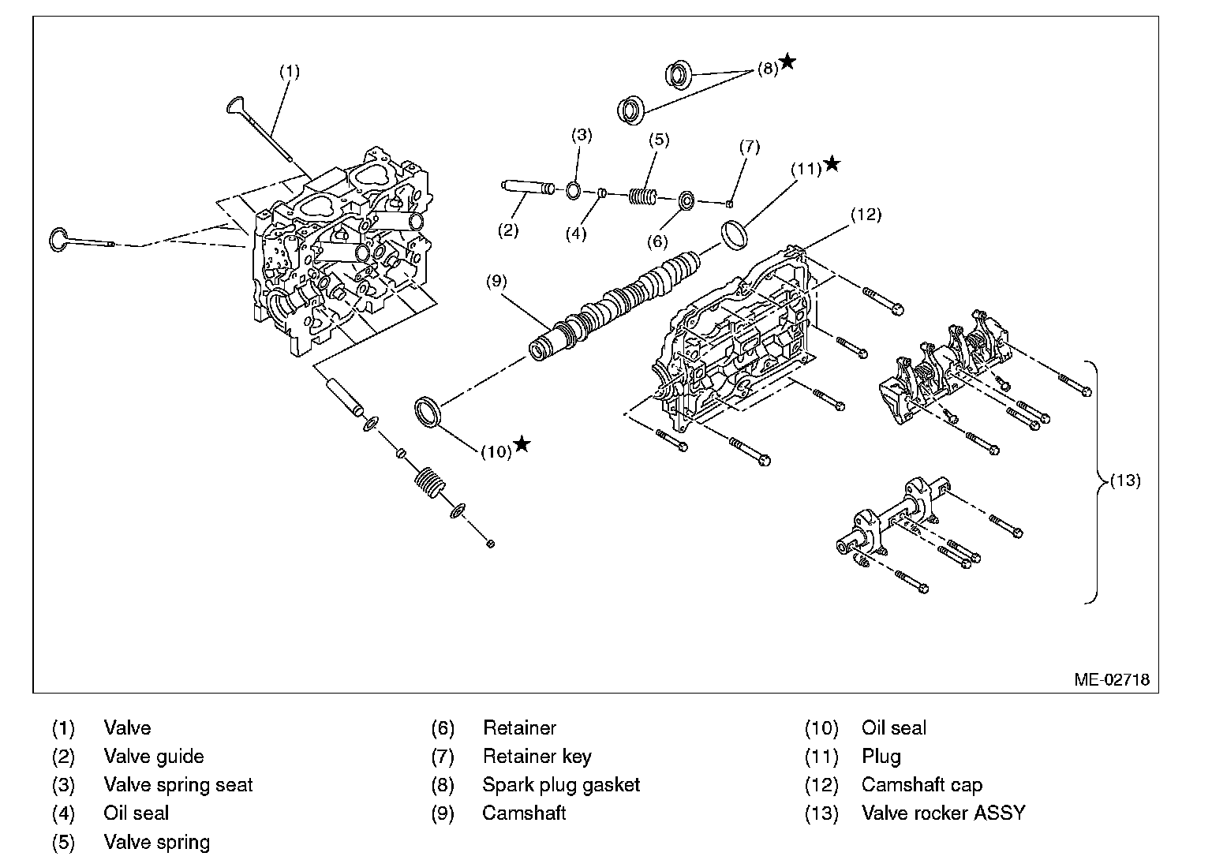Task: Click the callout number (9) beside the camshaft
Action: coord(496,281)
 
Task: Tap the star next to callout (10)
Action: coord(522,445)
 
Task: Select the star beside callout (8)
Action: coord(787,62)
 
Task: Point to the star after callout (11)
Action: coord(832,165)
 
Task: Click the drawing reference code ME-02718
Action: coord(1110,679)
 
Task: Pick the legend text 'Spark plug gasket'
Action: coord(561,785)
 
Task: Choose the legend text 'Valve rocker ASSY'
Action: coord(943,813)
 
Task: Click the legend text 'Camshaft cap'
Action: coord(922,785)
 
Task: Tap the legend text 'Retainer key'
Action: coord(537,757)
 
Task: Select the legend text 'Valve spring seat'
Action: coord(178,785)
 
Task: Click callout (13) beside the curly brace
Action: coord(1125,480)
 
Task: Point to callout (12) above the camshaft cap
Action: coord(866,215)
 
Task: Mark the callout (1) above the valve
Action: coord(290,71)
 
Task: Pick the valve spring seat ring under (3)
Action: coord(574,191)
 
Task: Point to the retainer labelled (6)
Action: coord(686,200)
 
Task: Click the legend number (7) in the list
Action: coord(443,757)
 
